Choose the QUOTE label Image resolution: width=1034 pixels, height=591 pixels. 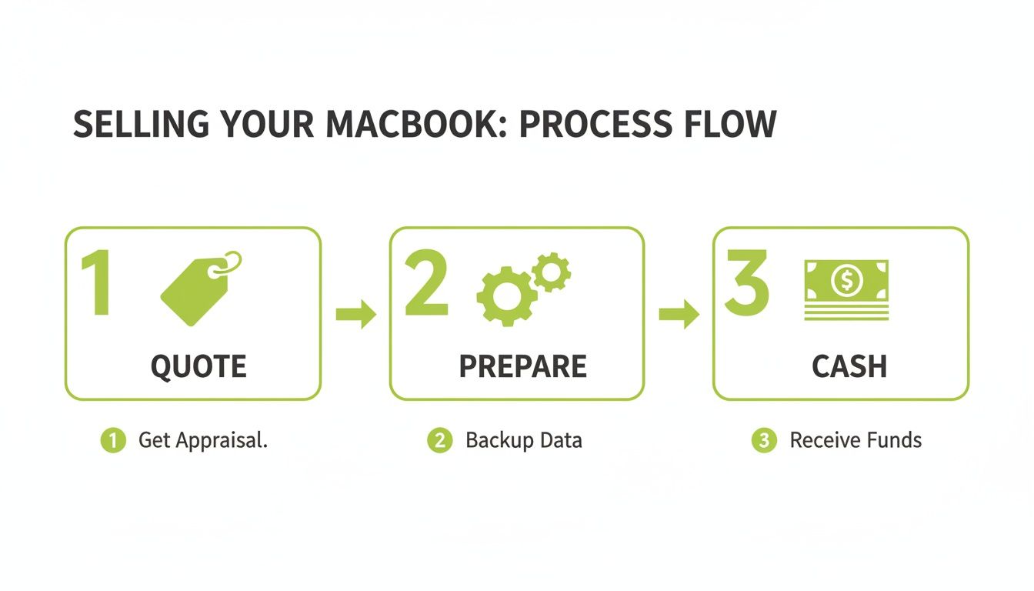198,367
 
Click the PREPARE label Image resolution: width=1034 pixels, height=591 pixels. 522,367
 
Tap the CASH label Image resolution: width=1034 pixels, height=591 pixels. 849,367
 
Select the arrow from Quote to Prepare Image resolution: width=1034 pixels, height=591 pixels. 356,315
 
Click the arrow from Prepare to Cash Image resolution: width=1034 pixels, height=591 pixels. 679,315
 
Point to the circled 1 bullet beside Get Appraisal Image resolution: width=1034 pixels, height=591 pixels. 113,441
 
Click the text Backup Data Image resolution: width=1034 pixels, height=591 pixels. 523,441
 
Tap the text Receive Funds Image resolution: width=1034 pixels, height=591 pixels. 856,441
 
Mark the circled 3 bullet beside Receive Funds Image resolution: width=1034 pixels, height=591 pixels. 763,441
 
